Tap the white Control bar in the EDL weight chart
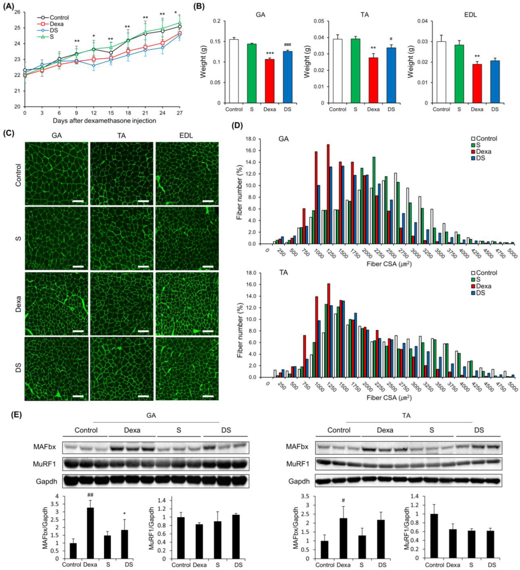coord(441,72)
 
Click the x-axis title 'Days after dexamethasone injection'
coord(104,121)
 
